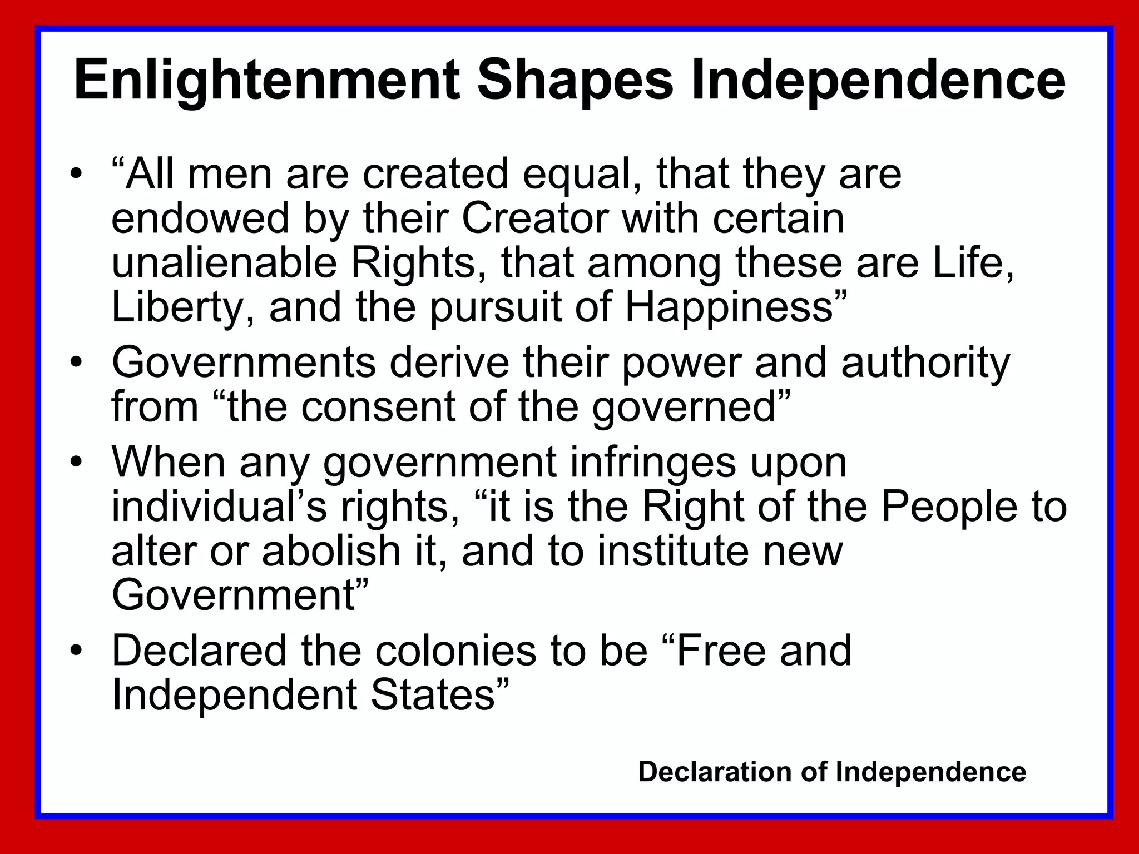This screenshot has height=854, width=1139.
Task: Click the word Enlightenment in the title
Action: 267,81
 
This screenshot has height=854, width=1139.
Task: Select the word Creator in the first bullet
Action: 534,219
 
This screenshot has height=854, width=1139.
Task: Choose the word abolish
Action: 331,552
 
